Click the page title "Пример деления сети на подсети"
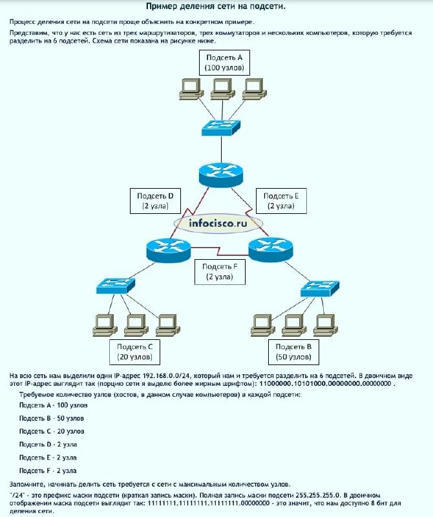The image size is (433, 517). (216, 7)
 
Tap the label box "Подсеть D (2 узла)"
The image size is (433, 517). (155, 200)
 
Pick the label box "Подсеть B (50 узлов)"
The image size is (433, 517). (295, 352)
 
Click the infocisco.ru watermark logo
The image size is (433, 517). (218, 224)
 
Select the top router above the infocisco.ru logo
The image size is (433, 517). (220, 173)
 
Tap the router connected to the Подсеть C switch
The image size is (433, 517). (168, 249)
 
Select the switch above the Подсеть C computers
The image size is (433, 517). (115, 284)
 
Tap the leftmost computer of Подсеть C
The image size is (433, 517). (105, 323)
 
